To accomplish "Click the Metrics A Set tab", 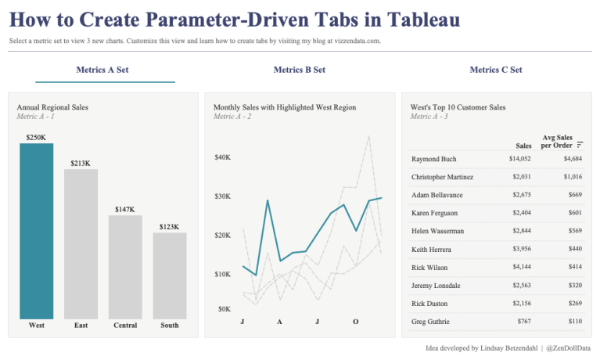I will click(x=102, y=70).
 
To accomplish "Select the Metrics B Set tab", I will click(x=299, y=70).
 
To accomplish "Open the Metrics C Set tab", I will click(x=495, y=70).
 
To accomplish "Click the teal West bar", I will click(x=36, y=231).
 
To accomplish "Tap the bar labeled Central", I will click(x=125, y=267).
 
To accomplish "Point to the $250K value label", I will click(x=36, y=137).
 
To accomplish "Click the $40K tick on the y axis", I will click(x=222, y=157).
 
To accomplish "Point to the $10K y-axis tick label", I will click(x=222, y=274).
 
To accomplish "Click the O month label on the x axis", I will click(x=355, y=322).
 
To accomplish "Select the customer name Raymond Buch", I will click(x=433, y=159).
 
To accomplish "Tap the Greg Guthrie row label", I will click(x=429, y=321).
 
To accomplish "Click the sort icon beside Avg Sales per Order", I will click(x=580, y=145).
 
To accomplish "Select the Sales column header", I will click(x=523, y=146).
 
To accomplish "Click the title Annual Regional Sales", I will click(x=52, y=106).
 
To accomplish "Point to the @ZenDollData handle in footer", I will click(x=568, y=347).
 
